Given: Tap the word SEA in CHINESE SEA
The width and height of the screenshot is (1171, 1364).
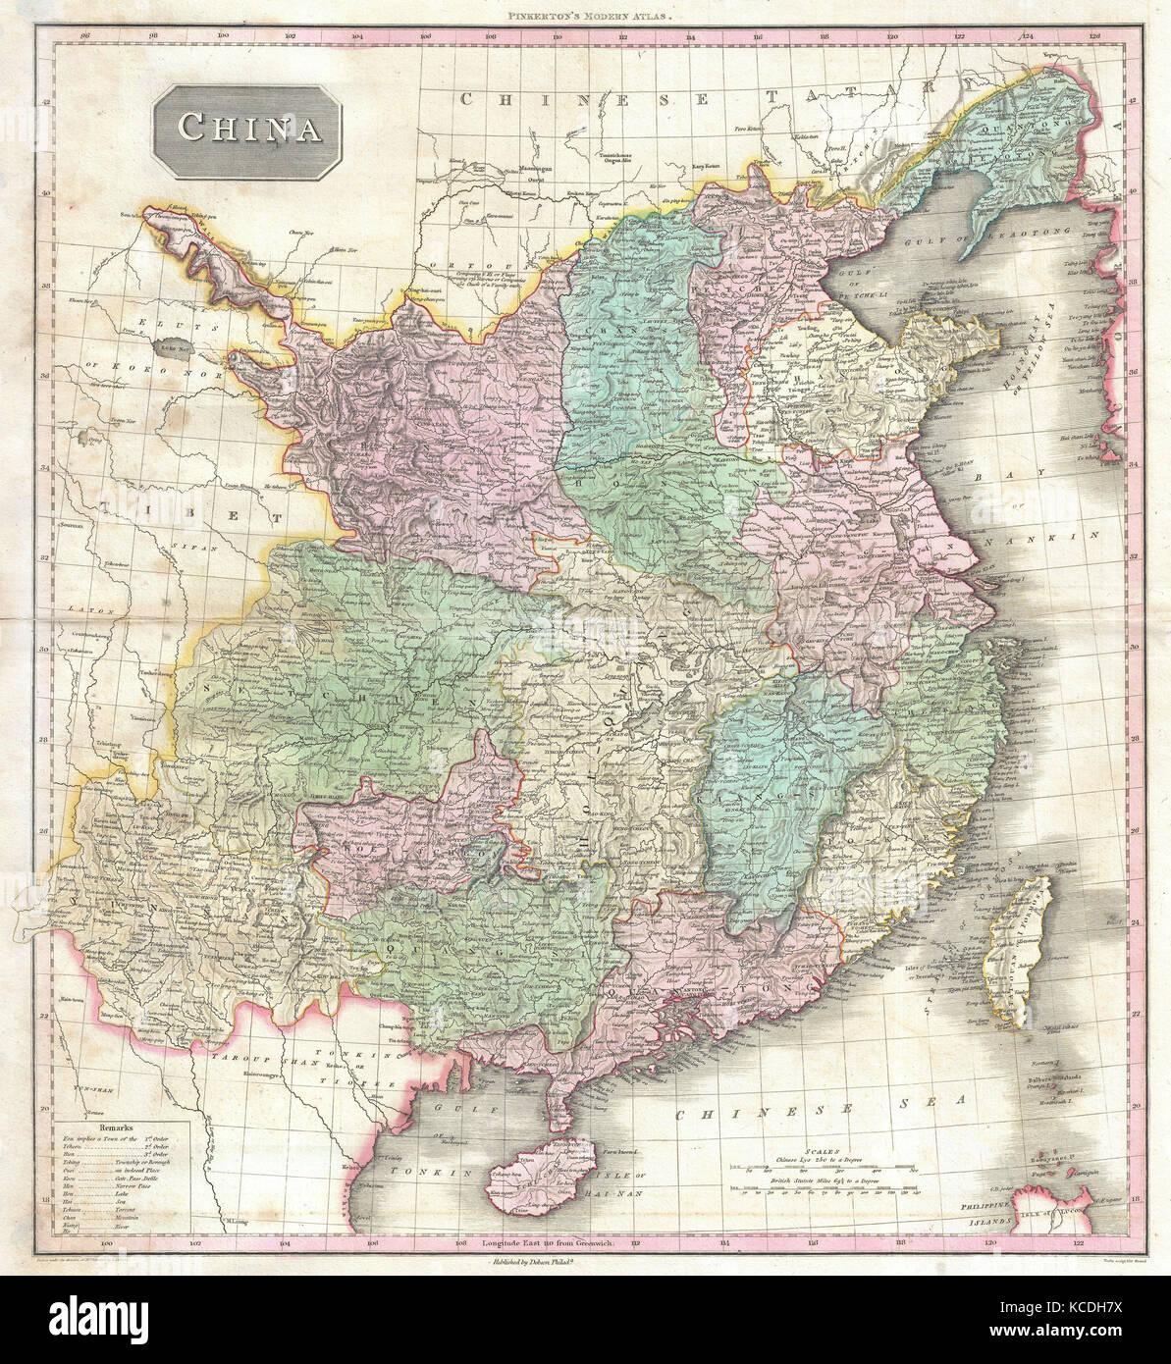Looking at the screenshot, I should [x=931, y=1098].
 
